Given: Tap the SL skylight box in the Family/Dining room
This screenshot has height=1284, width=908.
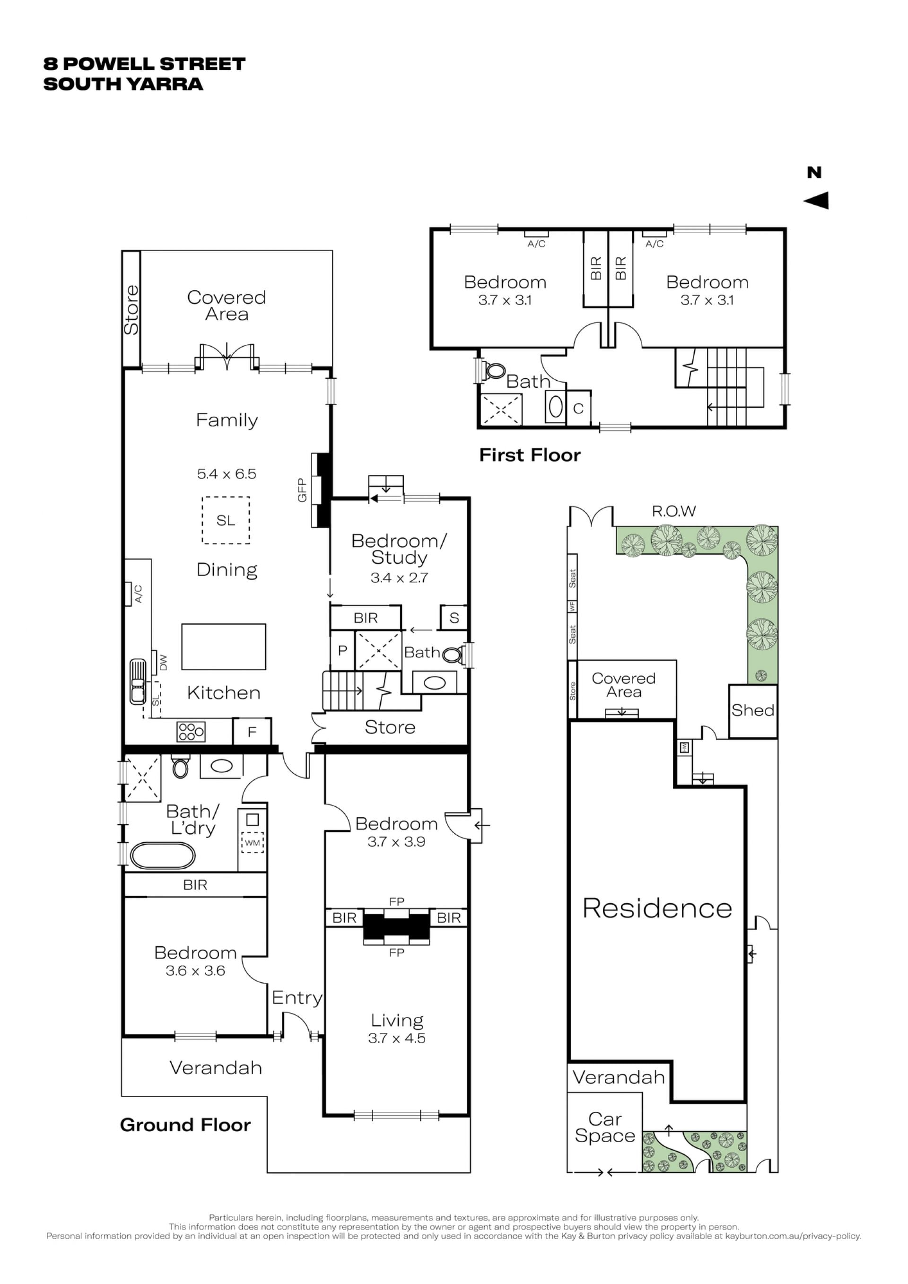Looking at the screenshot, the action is pyautogui.click(x=226, y=520).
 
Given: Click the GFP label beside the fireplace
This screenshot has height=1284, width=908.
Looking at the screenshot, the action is pyautogui.click(x=302, y=490).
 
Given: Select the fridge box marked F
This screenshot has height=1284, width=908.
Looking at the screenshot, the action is pyautogui.click(x=252, y=732).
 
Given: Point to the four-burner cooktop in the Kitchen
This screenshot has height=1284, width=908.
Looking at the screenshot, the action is pyautogui.click(x=191, y=732).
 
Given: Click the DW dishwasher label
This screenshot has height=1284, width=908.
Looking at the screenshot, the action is pyautogui.click(x=163, y=662).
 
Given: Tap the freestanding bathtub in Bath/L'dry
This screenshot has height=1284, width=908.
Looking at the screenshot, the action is pyautogui.click(x=163, y=856).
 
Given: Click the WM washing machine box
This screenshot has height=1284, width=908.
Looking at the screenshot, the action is pyautogui.click(x=252, y=843).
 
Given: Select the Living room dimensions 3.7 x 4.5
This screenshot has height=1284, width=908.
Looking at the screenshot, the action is pyautogui.click(x=397, y=1038).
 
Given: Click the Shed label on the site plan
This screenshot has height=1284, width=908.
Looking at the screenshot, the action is pyautogui.click(x=752, y=710).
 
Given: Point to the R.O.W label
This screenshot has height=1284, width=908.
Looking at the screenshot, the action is pyautogui.click(x=674, y=511).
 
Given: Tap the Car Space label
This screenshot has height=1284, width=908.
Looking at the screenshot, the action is pyautogui.click(x=605, y=1127).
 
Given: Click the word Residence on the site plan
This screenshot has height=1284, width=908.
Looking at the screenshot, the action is pyautogui.click(x=657, y=908).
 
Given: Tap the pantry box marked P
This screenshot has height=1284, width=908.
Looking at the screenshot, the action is pyautogui.click(x=343, y=650).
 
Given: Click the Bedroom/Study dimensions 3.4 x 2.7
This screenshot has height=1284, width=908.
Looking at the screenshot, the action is pyautogui.click(x=399, y=578).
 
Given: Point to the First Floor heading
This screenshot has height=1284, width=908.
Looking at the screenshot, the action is pyautogui.click(x=530, y=455).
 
